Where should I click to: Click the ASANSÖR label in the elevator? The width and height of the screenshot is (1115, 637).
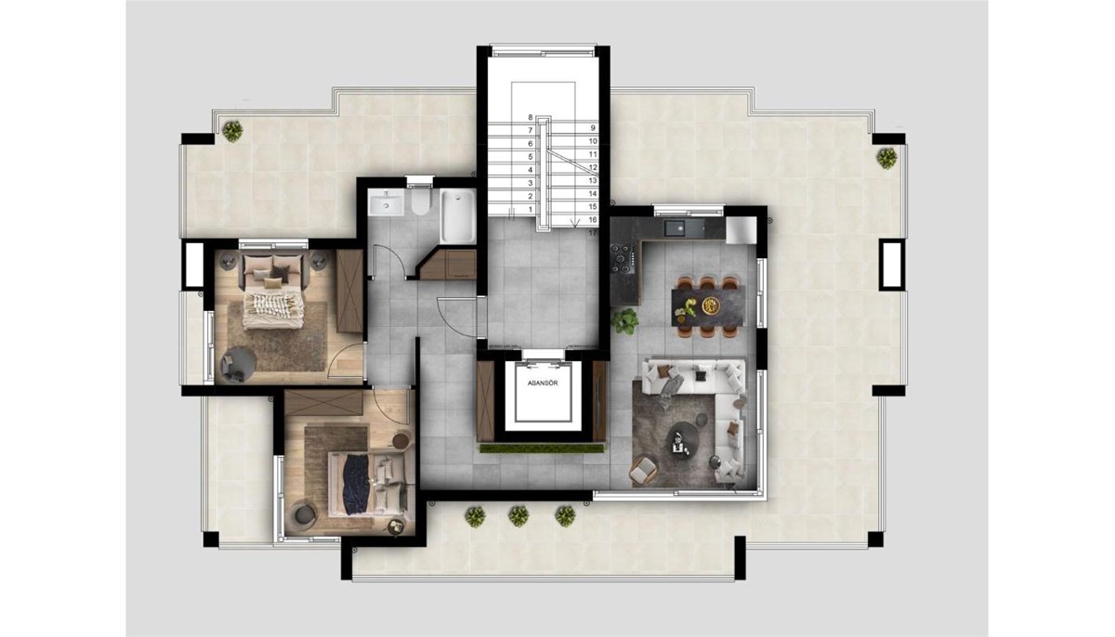pos(543,383)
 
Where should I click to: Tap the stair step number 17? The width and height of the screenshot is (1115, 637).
pos(593,233)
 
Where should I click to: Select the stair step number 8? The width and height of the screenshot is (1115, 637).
pos(531,117)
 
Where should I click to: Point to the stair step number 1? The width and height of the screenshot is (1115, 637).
pos(531,209)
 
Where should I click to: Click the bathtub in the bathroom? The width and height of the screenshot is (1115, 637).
pos(458,216)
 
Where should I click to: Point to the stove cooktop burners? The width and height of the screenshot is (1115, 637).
pos(623,257)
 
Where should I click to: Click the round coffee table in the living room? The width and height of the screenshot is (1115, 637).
pos(681,438)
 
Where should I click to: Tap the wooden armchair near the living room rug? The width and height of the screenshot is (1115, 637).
pos(643,470)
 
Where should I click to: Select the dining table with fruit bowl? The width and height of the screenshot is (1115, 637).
pos(708,307)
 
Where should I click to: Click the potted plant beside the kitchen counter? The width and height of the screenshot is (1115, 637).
pos(624,320)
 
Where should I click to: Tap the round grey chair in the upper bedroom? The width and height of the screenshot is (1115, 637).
pos(238,365)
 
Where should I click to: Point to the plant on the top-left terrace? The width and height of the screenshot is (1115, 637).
pos(232,131)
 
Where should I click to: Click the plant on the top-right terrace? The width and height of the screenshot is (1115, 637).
pos(886,159)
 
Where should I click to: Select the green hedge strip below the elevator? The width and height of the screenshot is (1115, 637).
pos(542,448)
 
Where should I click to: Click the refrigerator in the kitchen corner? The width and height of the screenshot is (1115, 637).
pos(741,230)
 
